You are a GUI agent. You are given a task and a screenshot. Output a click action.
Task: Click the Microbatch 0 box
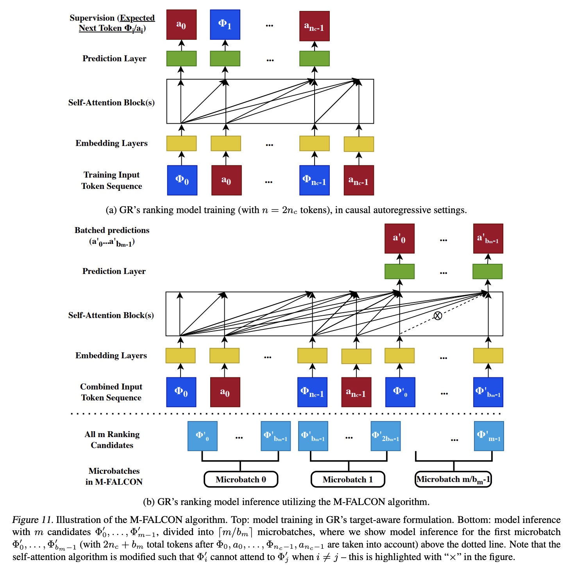(241, 479)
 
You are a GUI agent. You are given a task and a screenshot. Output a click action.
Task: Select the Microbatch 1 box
(348, 479)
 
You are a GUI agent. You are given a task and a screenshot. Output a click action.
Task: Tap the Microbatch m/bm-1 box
(453, 479)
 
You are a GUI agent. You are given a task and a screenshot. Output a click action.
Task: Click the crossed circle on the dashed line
(438, 315)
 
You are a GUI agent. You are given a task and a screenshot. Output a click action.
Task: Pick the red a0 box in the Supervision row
(181, 25)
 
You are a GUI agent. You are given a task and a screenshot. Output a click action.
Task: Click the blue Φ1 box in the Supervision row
(225, 25)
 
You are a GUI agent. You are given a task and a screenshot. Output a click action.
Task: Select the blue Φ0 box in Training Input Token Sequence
(182, 180)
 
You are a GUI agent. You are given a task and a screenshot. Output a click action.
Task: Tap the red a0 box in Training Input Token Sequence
(226, 180)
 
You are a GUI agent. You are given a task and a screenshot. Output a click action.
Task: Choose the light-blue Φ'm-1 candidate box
(489, 436)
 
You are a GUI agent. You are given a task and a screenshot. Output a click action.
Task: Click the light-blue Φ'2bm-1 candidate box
(386, 436)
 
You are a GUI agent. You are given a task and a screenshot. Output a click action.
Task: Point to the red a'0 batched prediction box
(399, 238)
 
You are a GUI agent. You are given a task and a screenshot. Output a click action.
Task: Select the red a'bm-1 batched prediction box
(488, 238)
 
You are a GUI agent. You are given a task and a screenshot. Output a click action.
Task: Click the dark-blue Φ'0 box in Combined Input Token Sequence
(400, 392)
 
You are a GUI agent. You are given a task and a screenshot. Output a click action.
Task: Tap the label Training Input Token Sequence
(112, 180)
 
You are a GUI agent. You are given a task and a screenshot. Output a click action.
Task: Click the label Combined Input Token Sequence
(111, 392)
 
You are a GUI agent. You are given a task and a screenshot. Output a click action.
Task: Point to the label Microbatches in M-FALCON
(114, 476)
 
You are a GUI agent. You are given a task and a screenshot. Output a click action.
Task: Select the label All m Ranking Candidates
(112, 439)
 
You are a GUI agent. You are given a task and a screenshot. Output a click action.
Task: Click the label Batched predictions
(112, 230)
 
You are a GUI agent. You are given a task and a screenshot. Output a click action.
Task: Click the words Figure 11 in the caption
(32, 520)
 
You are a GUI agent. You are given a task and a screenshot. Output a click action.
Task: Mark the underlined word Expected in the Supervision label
(137, 18)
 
